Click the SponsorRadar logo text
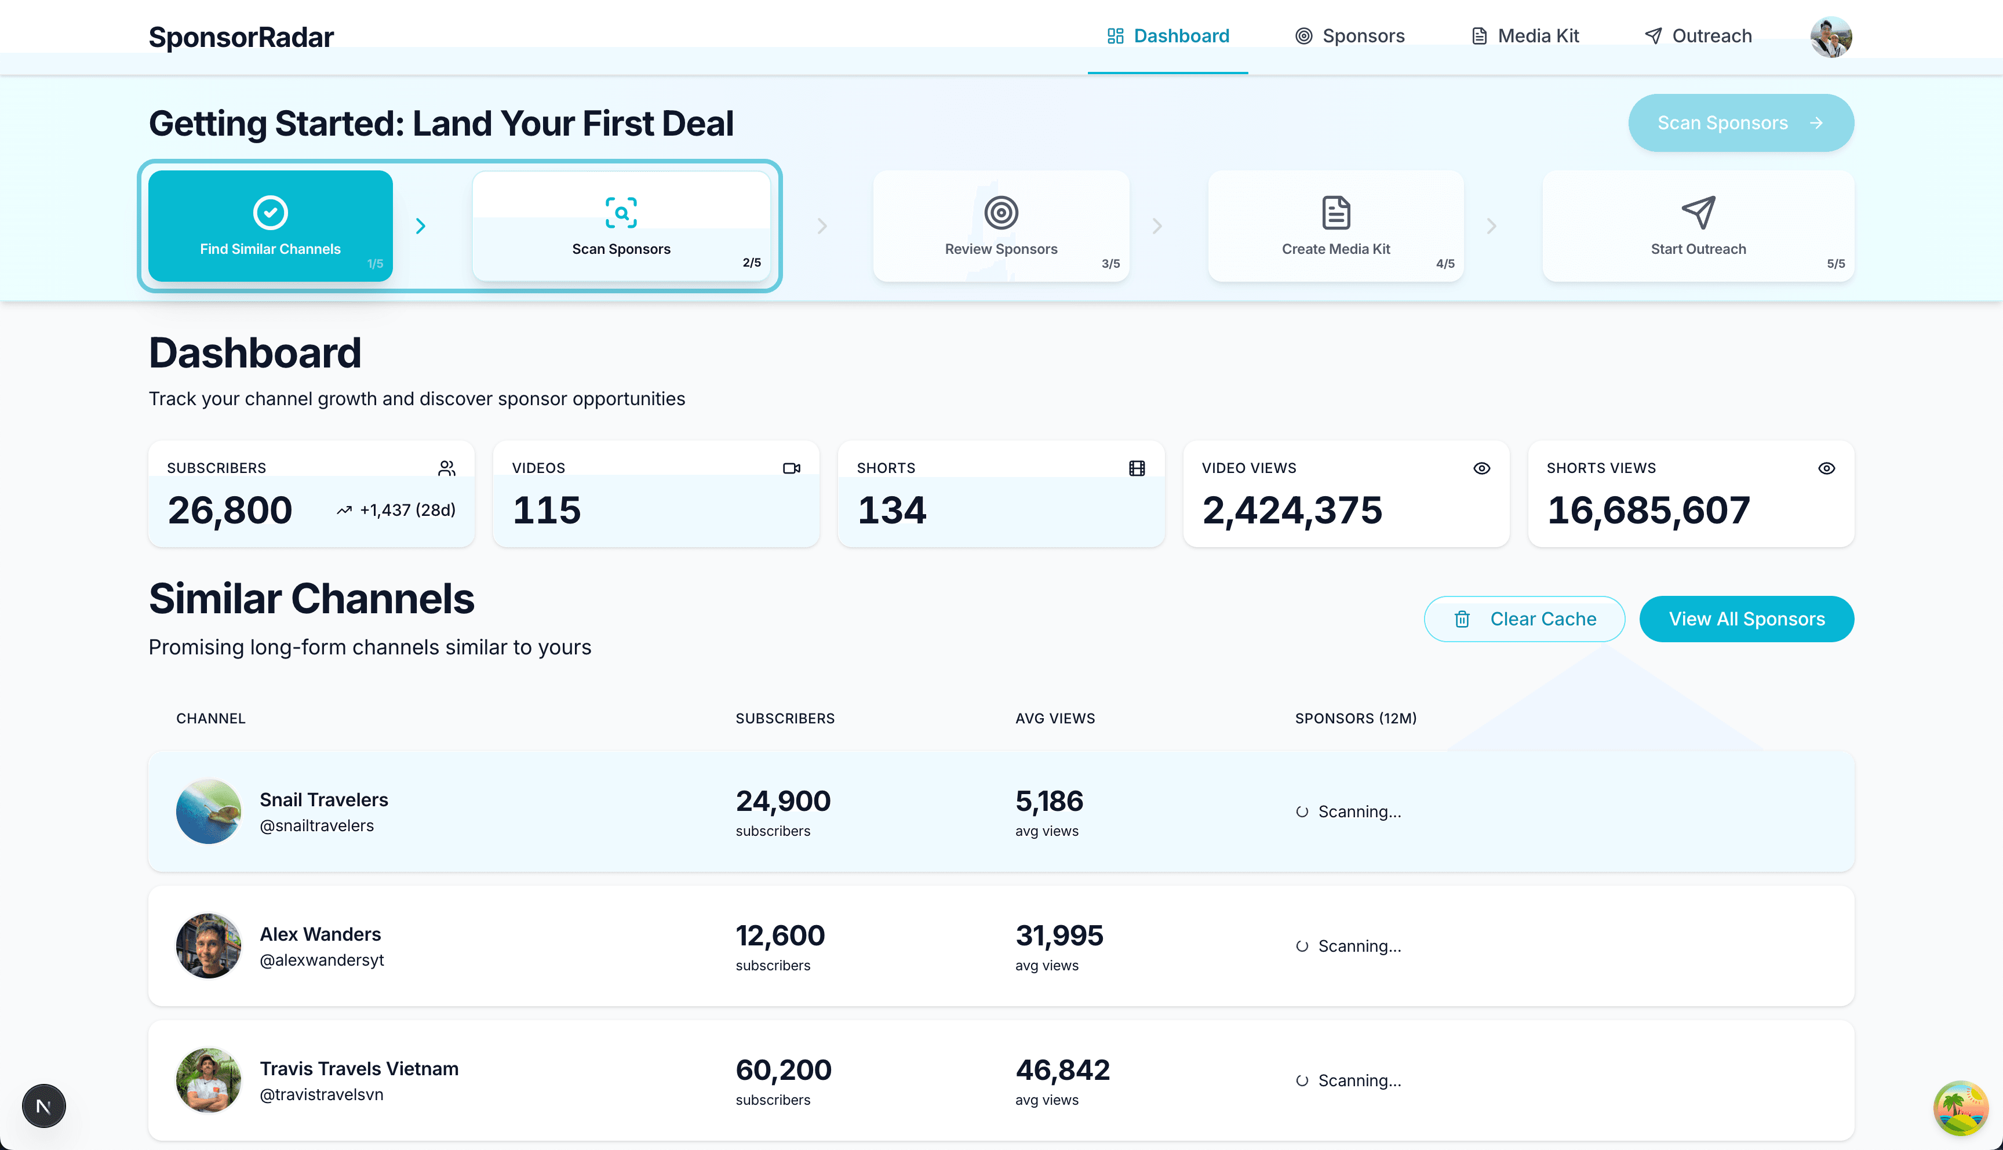coord(241,37)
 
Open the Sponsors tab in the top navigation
coord(1349,37)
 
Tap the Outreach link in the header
coord(1698,37)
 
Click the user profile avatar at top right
coord(1830,37)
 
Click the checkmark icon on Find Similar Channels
coord(270,213)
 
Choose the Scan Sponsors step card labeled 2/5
coord(621,226)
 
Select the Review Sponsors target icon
coord(1000,213)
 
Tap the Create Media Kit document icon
coord(1335,213)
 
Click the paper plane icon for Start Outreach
coord(1698,213)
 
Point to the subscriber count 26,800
coord(230,510)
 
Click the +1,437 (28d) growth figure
coord(407,510)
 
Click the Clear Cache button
coord(1524,619)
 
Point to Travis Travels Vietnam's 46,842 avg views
coord(1062,1070)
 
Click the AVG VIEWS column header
coord(1055,718)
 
